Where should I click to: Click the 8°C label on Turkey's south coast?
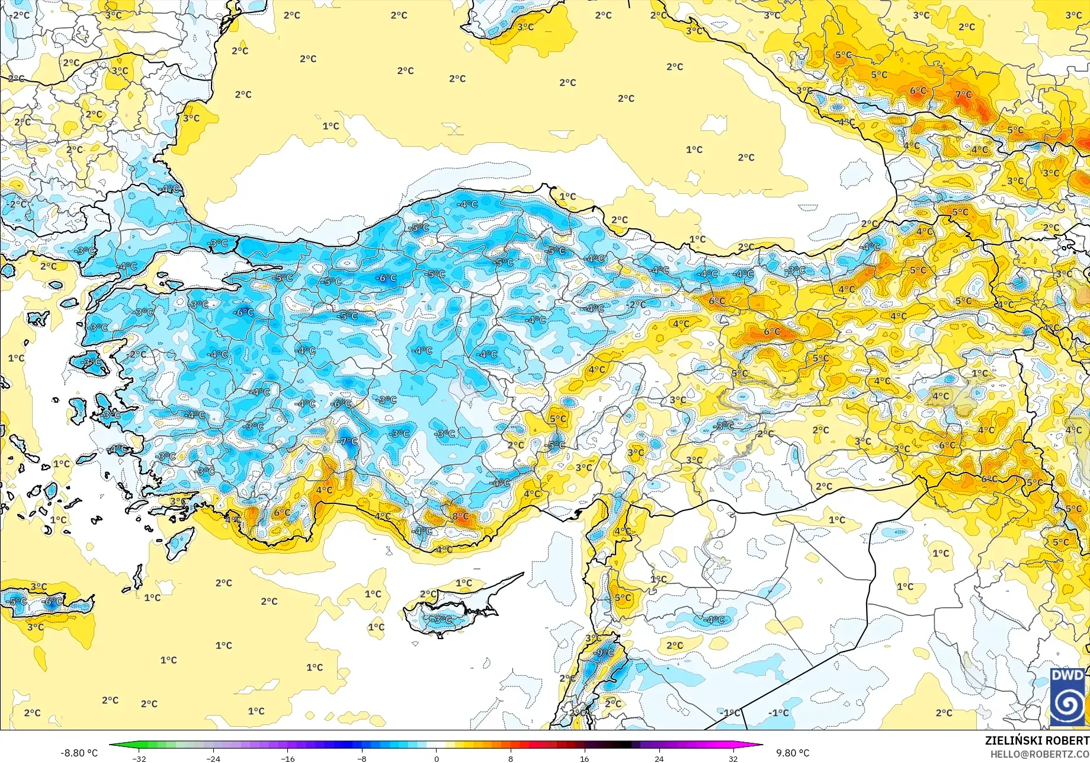coord(460,516)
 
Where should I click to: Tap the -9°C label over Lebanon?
coord(605,653)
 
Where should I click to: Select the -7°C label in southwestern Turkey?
coord(348,441)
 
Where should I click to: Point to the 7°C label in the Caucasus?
coord(963,94)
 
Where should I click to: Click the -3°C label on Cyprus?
coord(441,620)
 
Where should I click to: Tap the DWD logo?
coord(1067,697)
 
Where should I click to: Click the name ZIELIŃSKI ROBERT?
coord(1037,740)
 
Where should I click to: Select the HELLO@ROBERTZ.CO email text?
coord(1040,754)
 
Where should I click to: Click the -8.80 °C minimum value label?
coord(79,753)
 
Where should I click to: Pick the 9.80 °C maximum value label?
coord(792,753)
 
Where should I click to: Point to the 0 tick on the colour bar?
coord(437,758)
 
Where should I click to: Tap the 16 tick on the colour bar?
coord(585,758)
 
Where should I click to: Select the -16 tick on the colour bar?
coord(287,758)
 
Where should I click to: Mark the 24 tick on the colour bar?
coord(659,758)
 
